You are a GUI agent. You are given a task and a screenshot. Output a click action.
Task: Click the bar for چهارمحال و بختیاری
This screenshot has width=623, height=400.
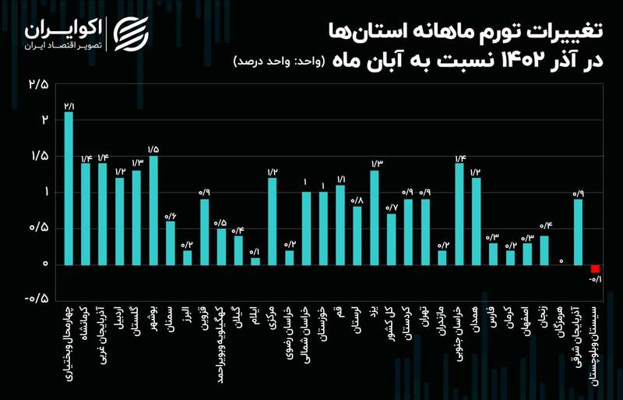click(x=69, y=187)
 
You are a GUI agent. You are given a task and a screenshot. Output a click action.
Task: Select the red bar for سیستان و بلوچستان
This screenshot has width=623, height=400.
click(x=596, y=269)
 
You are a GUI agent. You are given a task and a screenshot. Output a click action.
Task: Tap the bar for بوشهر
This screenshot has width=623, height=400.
click(x=153, y=210)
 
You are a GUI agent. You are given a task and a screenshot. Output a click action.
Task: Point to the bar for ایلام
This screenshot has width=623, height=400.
click(x=255, y=260)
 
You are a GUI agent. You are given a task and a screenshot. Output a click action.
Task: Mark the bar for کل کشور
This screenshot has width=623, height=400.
click(x=392, y=239)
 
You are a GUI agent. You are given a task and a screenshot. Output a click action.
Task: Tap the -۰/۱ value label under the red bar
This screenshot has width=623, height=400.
click(x=596, y=280)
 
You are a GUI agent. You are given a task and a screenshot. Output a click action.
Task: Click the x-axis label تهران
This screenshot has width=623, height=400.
click(x=425, y=324)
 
